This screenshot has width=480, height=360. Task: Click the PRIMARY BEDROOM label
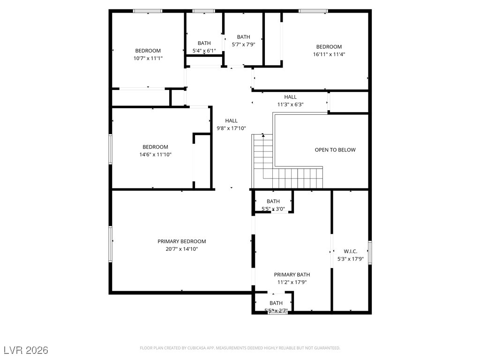point(181,241)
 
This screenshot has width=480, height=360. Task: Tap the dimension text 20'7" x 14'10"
point(181,249)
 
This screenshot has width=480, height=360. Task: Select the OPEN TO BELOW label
point(335,150)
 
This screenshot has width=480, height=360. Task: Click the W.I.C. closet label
point(350,251)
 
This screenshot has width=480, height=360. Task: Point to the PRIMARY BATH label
point(292,275)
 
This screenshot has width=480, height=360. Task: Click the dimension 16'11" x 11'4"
point(329,54)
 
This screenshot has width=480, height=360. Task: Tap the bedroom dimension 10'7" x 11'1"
point(148,58)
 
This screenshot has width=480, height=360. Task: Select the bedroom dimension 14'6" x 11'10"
point(155,154)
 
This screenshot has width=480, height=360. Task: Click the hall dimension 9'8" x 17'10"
point(231,128)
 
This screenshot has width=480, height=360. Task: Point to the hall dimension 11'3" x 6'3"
point(290,105)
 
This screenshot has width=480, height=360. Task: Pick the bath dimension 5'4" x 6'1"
point(204,51)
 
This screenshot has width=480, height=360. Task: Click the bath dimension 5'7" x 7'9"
point(243,45)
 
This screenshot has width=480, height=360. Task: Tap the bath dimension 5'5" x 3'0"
point(273,209)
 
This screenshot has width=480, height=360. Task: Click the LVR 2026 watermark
point(26,350)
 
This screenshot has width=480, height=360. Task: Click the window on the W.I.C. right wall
point(370,252)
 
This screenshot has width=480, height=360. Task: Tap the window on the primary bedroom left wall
point(111,244)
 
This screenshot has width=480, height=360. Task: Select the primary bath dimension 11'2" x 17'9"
point(292,282)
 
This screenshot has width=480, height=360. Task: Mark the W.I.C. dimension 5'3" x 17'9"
point(350,259)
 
